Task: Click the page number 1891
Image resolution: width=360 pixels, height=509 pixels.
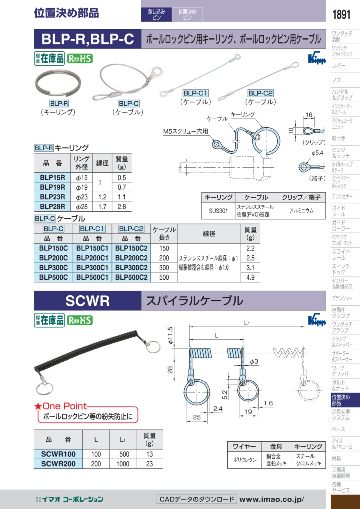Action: click(x=341, y=14)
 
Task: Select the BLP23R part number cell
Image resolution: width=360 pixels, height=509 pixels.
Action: click(x=52, y=197)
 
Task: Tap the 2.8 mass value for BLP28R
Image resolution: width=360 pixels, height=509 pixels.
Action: click(x=122, y=206)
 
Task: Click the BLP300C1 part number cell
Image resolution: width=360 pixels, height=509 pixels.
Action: click(x=92, y=267)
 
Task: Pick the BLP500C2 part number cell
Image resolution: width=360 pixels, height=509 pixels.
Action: click(x=131, y=277)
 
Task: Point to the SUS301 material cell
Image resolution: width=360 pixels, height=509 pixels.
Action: click(x=218, y=210)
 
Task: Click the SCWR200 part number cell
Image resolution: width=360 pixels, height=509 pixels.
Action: click(x=58, y=464)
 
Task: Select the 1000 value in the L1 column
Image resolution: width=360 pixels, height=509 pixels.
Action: click(x=123, y=464)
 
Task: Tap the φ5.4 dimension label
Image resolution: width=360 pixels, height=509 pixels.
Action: click(x=317, y=153)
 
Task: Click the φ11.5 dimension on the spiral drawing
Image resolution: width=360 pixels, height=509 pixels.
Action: click(x=170, y=335)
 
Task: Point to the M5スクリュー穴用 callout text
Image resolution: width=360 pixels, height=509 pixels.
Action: click(x=186, y=131)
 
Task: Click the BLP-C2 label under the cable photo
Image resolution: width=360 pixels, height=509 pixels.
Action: click(x=260, y=93)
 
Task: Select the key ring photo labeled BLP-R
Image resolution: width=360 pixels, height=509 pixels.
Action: click(x=58, y=83)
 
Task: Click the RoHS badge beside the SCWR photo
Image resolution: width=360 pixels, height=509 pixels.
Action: click(x=80, y=320)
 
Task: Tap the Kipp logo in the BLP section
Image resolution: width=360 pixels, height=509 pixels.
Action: click(x=317, y=59)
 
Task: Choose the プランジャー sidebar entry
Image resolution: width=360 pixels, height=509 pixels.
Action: click(x=342, y=298)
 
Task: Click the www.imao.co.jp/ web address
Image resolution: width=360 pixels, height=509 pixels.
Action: click(x=272, y=499)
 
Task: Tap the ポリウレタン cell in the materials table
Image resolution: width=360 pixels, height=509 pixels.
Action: click(x=245, y=459)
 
